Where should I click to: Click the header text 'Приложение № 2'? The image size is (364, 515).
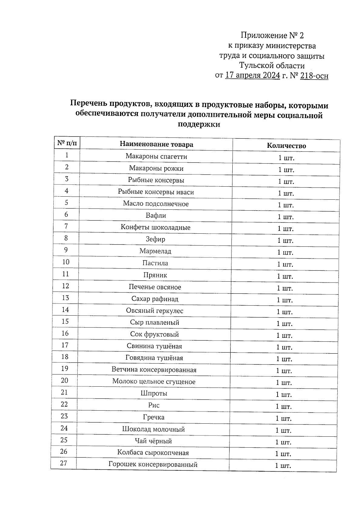tap(272, 36)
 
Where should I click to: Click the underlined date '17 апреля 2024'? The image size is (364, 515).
tap(252, 75)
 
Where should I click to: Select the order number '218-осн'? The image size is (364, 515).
tap(314, 76)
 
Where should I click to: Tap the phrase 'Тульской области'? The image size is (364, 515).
tap(272, 66)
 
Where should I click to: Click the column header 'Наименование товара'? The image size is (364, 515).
tap(156, 144)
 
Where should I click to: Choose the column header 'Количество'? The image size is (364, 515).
tap(286, 146)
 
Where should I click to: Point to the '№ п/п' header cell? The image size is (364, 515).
tap(67, 143)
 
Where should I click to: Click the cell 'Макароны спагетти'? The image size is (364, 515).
tap(156, 157)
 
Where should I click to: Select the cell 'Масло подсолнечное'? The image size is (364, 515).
tap(156, 204)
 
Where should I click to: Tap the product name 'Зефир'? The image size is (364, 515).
tap(155, 239)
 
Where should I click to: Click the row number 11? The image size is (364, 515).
tap(66, 274)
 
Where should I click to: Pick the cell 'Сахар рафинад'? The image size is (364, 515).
tap(155, 299)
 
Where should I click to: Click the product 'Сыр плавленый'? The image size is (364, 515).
tap(154, 323)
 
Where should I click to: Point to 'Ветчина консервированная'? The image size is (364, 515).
tap(154, 370)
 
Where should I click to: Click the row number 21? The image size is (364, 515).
tap(64, 392)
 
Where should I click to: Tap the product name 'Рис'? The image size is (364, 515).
tap(154, 405)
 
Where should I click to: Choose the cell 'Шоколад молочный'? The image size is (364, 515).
tap(153, 429)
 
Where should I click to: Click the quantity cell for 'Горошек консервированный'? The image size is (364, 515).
tap(283, 466)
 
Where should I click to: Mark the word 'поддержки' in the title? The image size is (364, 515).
tap(198, 124)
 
